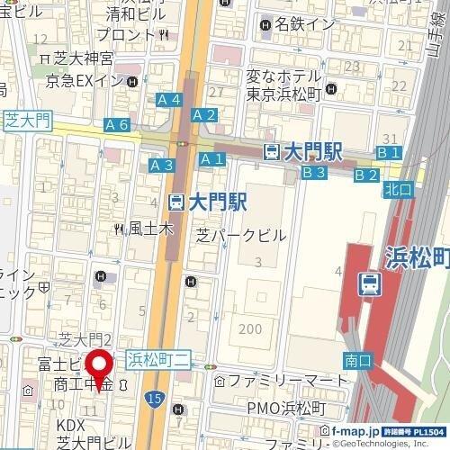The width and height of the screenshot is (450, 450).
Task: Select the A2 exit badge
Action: coord(204,114)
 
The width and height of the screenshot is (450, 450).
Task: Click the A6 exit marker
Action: coord(116,125)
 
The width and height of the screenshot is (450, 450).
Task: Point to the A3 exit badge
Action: coord(162,165)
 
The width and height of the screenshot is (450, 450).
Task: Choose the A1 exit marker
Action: coord(211,159)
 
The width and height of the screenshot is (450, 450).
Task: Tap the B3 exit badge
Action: coord(312,172)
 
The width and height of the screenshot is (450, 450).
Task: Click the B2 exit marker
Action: coord(365,175)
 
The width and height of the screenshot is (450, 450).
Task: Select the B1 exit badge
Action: coord(388,154)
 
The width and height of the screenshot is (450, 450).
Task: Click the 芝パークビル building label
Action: coord(241,235)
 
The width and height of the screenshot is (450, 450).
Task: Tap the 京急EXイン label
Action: coord(91,82)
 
